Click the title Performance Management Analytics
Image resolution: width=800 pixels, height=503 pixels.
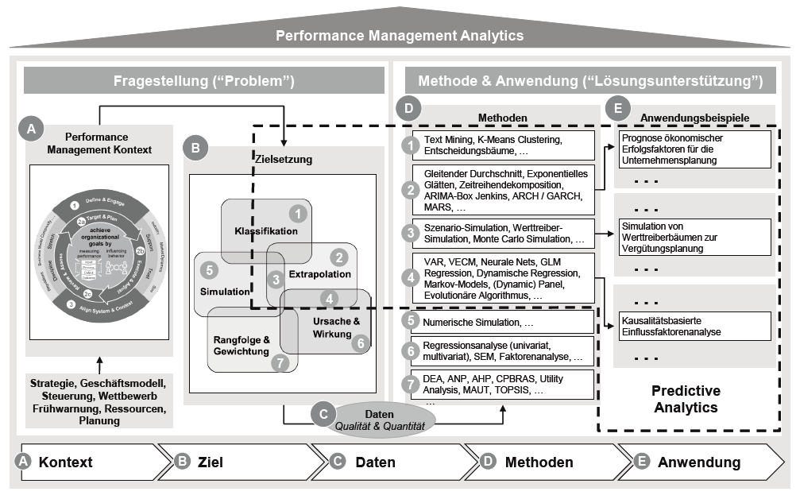tap(400, 36)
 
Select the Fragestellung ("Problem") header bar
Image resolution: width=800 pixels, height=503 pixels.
tap(204, 80)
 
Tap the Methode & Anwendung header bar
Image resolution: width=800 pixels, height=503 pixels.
tap(590, 80)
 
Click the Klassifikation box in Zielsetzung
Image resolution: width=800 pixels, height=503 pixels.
tap(265, 231)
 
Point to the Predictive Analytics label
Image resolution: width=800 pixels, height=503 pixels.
tap(685, 399)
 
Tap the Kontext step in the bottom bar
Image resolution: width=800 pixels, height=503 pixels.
tap(66, 462)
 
